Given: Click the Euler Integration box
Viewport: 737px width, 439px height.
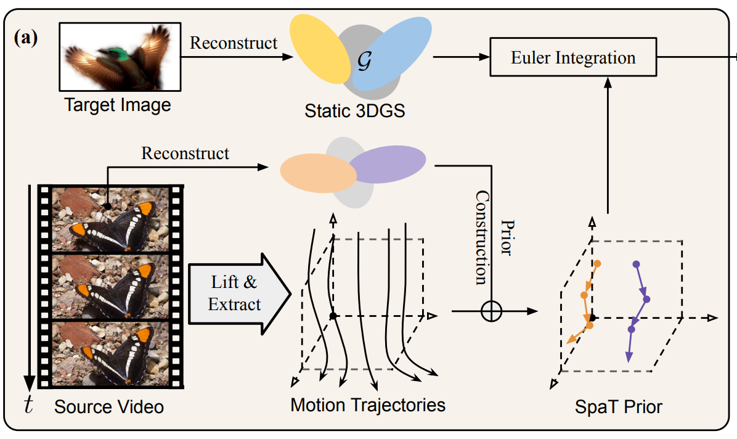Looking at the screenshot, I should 573,59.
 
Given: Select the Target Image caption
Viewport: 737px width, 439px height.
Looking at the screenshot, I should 118,105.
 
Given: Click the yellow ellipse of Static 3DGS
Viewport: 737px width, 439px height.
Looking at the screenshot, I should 320,49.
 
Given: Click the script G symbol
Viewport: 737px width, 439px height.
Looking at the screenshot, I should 363,60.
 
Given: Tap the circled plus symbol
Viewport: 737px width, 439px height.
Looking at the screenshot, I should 491,312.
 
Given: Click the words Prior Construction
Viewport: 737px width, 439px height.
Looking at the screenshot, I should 494,237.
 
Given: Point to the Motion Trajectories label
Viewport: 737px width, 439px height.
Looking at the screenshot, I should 368,405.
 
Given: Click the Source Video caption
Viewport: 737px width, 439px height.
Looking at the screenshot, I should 109,407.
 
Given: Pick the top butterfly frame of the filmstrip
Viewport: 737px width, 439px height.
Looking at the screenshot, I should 111,219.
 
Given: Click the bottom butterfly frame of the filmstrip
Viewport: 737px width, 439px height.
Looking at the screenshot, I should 111,353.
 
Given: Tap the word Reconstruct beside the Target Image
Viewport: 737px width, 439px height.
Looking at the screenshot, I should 234,43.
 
